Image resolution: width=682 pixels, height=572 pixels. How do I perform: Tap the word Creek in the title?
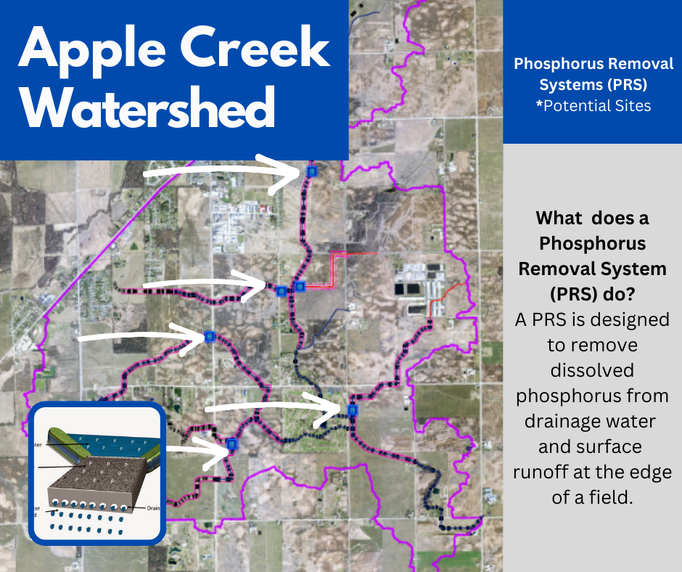[x=255, y=51]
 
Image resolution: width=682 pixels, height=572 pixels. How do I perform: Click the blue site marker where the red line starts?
[x=300, y=287]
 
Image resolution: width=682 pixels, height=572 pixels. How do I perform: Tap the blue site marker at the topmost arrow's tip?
[x=312, y=171]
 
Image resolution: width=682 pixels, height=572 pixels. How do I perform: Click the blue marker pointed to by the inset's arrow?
[x=231, y=444]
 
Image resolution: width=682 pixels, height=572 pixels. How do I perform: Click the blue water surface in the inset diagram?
[x=109, y=449]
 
